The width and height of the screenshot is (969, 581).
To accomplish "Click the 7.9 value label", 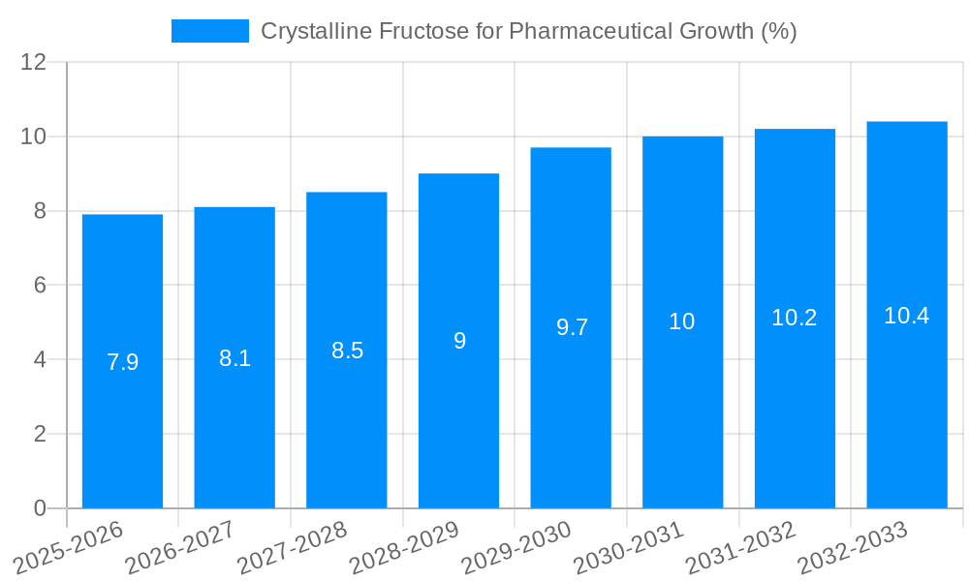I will click(x=122, y=362).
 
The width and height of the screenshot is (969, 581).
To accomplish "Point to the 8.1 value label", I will click(x=234, y=358).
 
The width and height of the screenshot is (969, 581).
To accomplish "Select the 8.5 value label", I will click(x=347, y=351).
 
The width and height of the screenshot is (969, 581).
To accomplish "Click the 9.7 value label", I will click(x=572, y=327).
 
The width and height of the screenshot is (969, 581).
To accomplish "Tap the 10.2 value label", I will click(x=794, y=318).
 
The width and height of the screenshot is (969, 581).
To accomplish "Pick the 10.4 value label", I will click(x=906, y=316).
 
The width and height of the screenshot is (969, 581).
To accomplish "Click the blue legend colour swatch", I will click(x=209, y=31).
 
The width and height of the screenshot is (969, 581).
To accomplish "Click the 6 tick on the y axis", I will click(x=40, y=285).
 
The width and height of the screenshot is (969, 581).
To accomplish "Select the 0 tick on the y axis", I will click(x=40, y=508).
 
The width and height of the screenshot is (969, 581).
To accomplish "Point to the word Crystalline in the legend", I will click(x=315, y=31).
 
